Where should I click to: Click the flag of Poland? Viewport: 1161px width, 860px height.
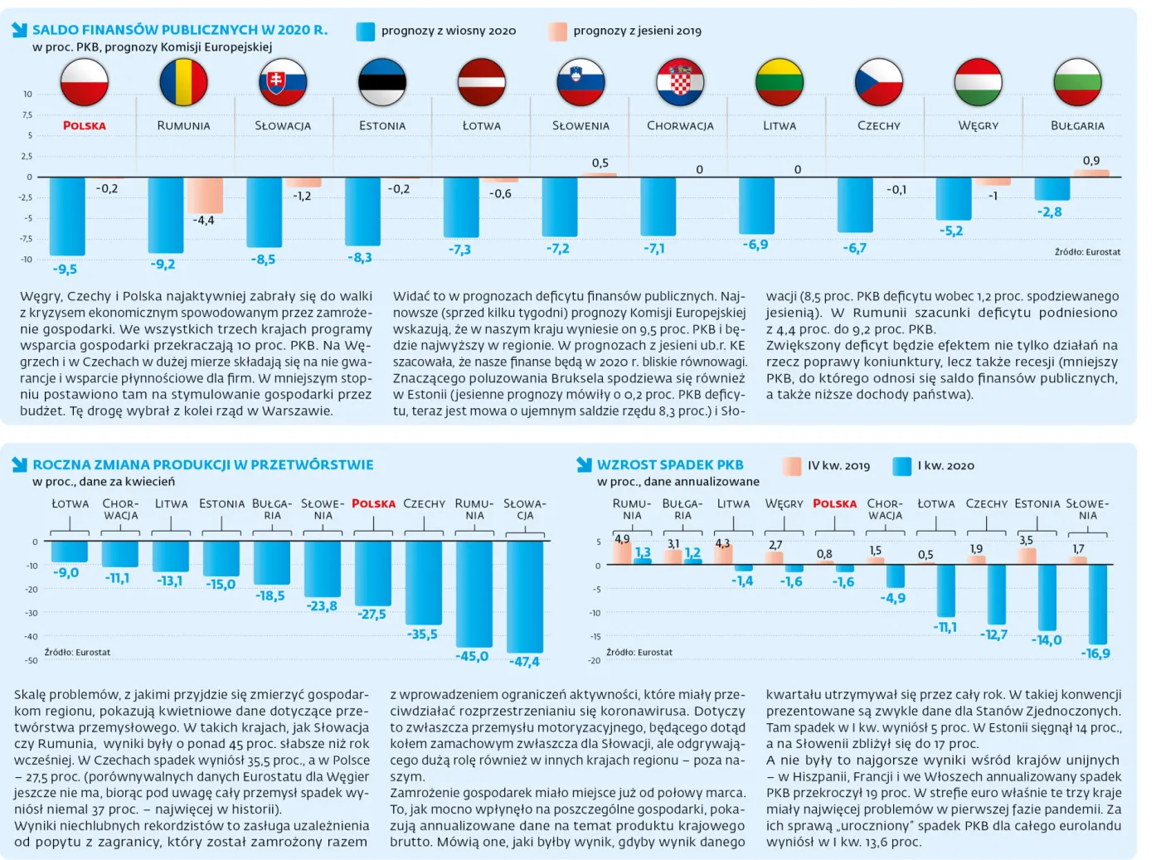coord(84,82)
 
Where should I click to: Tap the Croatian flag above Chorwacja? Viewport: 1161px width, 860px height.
coord(680,82)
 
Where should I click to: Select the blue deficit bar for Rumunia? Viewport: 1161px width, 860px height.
coord(165,214)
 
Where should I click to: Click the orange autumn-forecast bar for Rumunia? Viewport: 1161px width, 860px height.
coord(204,195)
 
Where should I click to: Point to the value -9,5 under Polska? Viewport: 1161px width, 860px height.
coord(65,270)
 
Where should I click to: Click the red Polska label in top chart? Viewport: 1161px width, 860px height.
coord(85,126)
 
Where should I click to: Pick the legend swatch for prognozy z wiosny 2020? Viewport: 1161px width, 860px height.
coord(365,32)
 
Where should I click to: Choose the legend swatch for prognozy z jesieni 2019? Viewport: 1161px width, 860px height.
coord(557,32)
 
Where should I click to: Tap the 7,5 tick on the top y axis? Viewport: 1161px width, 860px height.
coord(27,115)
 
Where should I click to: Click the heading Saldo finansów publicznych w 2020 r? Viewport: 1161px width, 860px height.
coord(180,30)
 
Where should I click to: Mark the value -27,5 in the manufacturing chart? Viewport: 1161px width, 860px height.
coord(372,615)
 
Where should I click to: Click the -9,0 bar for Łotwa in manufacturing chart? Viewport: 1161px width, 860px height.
coord(69,551)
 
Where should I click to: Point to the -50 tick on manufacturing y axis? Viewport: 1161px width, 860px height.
coord(32,661)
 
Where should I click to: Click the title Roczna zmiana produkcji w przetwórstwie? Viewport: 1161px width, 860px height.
coord(203,465)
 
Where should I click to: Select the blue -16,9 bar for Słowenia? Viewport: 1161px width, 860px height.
coord(1097,603)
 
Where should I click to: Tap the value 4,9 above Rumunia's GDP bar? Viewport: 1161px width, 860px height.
coord(622,539)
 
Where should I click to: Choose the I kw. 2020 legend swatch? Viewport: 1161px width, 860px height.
coord(901,466)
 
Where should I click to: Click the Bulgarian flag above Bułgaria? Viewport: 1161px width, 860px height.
coord(1077,82)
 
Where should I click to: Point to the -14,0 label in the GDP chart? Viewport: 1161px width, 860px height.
coord(1047,640)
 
